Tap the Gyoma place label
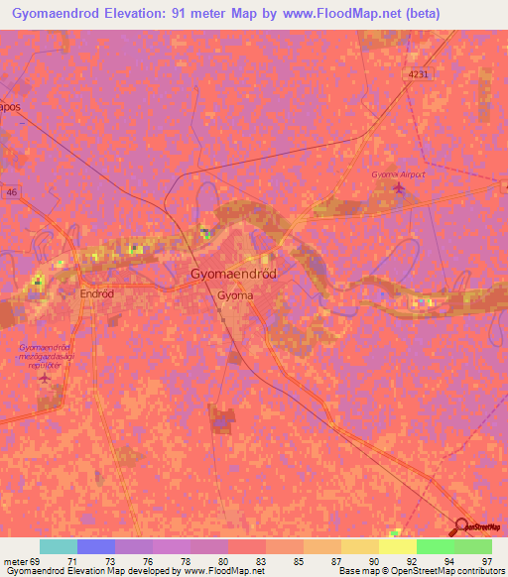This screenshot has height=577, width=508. click(234, 295)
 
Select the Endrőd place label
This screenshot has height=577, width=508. click(97, 294)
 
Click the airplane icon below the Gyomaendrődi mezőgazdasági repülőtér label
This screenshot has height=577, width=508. click(44, 378)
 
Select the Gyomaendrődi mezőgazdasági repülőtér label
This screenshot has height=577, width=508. click(45, 356)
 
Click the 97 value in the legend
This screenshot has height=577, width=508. click(486, 560)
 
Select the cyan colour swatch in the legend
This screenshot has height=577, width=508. click(58, 546)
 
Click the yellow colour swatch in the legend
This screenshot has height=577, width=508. click(397, 546)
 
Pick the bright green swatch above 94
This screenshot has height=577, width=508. click(435, 546)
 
